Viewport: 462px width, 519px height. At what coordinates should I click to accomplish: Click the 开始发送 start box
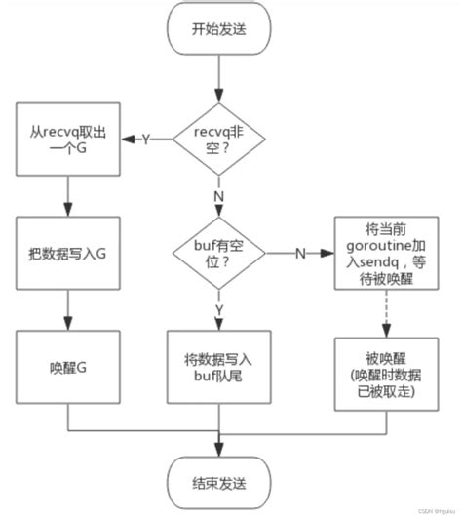pos(219,30)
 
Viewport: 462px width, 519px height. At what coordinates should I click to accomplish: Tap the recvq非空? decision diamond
pos(219,140)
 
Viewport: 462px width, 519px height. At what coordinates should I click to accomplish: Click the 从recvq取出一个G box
pos(65,140)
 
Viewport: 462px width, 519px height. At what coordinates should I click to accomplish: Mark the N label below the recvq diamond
pos(219,195)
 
